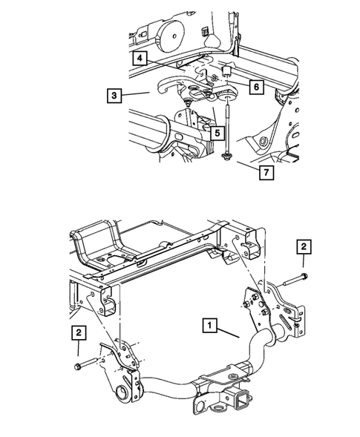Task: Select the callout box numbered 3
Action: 114,95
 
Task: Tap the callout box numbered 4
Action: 141,56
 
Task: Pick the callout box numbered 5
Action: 195,133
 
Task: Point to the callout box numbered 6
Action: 254,87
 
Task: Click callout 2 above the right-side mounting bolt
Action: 303,246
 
